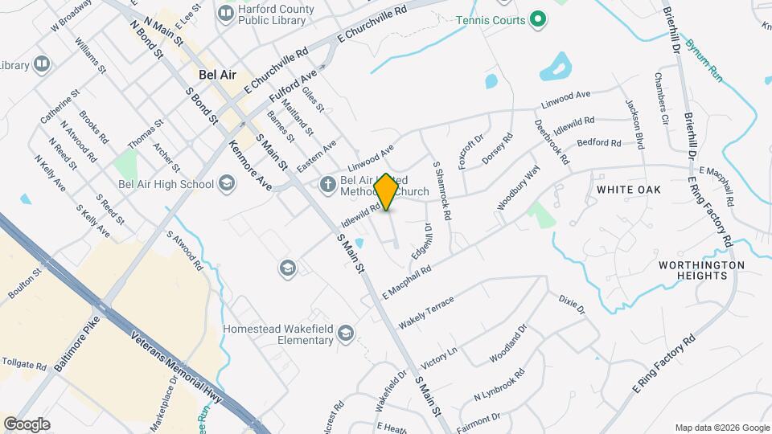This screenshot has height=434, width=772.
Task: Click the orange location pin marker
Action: pyautogui.click(x=387, y=191)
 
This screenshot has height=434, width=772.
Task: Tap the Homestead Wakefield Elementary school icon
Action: pyautogui.click(x=346, y=333)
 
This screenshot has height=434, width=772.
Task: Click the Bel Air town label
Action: pyautogui.click(x=217, y=75)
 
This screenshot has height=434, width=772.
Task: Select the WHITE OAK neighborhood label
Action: pyautogui.click(x=629, y=190)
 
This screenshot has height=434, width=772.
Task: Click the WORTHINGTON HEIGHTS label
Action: pyautogui.click(x=701, y=270)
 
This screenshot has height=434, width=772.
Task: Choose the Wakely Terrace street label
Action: pyautogui.click(x=426, y=312)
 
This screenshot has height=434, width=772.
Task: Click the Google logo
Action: pyautogui.click(x=27, y=424)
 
